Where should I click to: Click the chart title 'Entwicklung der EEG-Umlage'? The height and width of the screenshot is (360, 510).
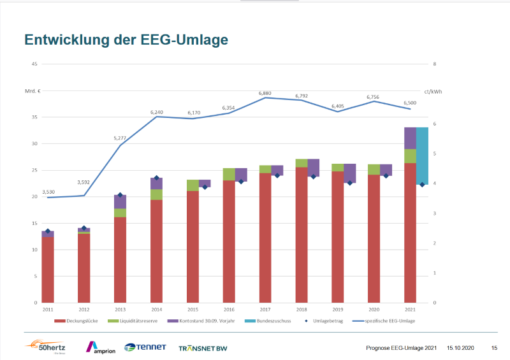(126, 40)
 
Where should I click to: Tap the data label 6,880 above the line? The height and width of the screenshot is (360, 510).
(265, 93)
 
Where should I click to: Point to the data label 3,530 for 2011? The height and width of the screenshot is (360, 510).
(48, 192)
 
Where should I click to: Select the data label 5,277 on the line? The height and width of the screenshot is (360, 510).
(120, 138)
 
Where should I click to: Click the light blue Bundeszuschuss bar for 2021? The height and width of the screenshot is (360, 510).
(422, 156)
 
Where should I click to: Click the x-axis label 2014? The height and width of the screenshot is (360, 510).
(156, 309)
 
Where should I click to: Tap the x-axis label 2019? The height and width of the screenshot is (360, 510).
(338, 309)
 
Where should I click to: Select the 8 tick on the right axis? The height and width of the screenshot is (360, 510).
(434, 64)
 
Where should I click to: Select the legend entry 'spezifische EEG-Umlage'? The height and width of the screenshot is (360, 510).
(392, 321)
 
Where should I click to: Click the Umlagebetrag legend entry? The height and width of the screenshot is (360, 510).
(326, 321)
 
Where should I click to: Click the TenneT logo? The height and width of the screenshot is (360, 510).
(145, 347)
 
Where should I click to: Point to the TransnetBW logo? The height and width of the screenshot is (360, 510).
(203, 348)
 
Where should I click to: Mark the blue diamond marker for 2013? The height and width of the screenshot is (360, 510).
(120, 195)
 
